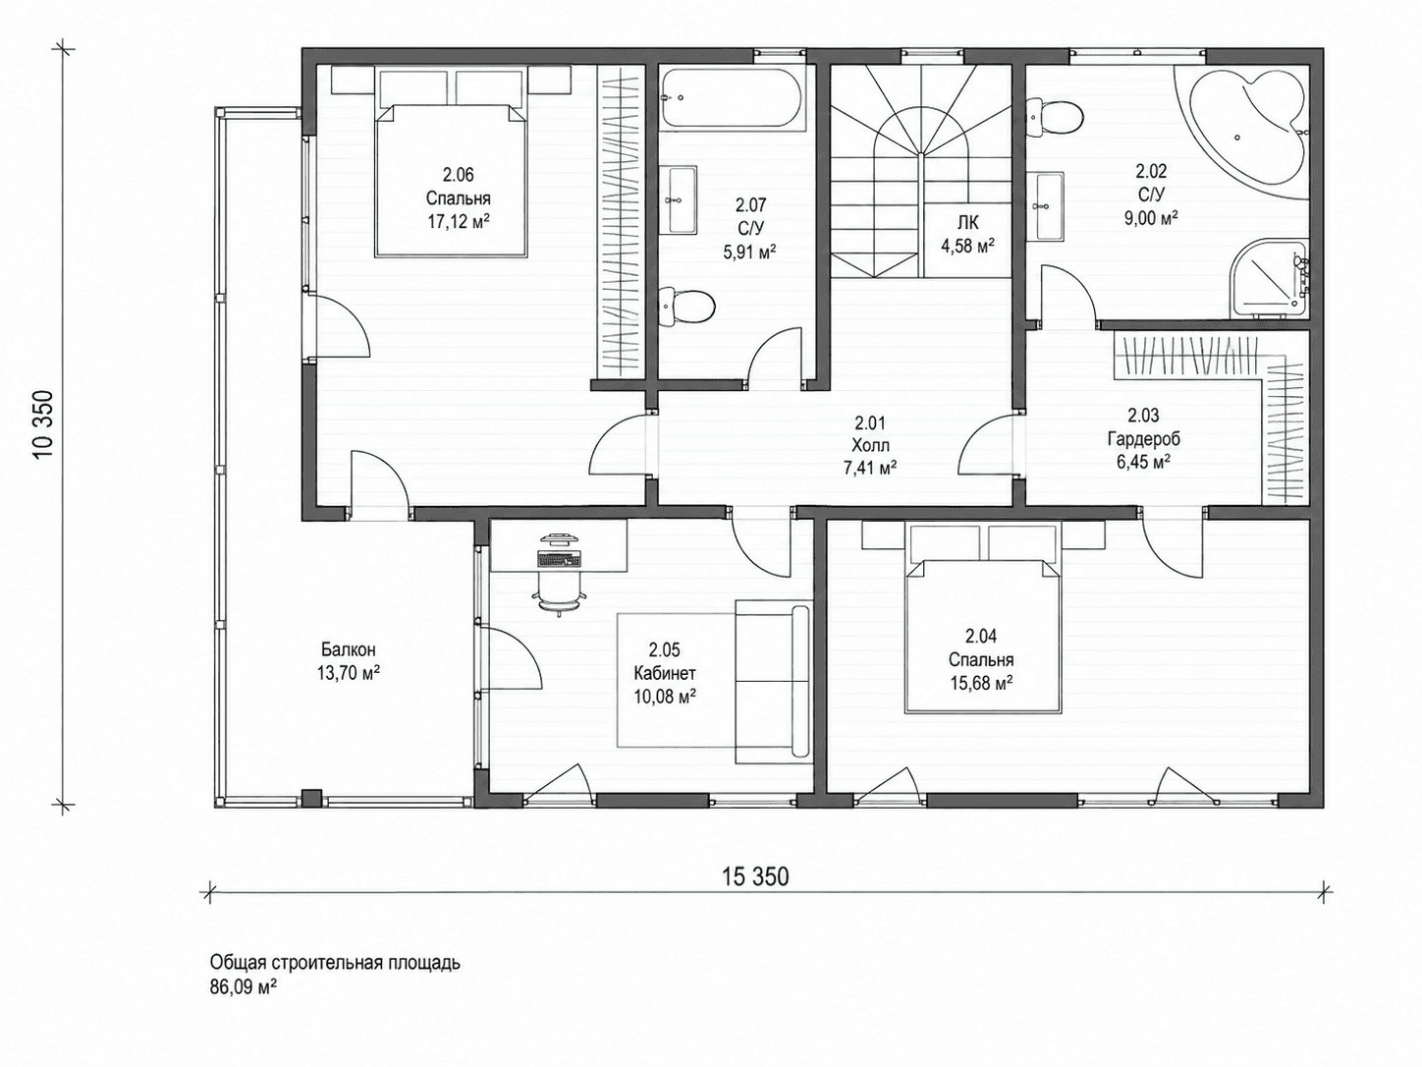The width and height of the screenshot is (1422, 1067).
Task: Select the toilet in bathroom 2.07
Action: (686, 307)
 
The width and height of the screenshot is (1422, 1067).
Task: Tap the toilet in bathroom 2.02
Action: (1055, 117)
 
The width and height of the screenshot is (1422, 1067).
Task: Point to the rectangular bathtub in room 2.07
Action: (732, 98)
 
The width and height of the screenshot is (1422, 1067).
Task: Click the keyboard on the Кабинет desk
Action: (559, 557)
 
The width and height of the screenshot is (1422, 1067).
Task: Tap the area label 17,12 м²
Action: (458, 222)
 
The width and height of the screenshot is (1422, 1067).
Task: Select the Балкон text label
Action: (349, 649)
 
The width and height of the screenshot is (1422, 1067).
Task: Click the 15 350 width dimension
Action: (755, 876)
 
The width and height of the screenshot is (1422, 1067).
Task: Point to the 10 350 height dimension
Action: (43, 424)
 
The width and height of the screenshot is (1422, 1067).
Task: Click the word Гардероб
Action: (1143, 438)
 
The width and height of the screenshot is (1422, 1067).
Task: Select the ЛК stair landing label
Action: (968, 223)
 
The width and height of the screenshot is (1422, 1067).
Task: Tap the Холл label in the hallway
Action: (870, 446)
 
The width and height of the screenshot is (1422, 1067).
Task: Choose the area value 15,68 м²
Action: (981, 683)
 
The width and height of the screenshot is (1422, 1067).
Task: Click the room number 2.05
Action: (665, 649)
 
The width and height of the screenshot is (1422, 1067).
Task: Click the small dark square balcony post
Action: (311, 796)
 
